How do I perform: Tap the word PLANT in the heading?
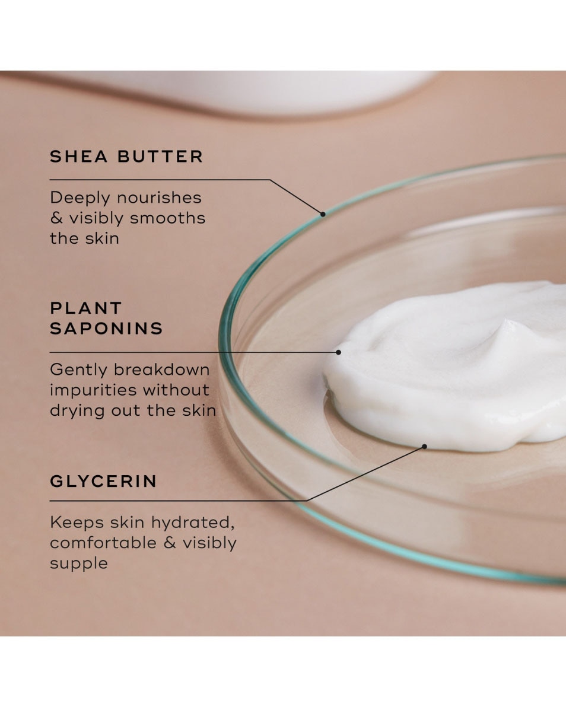85,308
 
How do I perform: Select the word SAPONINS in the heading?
106,329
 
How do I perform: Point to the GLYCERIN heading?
103,481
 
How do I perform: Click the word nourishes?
159,198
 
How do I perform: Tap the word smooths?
168,218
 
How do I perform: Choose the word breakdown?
161,370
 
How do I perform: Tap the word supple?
79,563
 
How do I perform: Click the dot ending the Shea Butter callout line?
323,214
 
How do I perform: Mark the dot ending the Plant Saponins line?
338,352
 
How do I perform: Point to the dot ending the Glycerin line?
425,446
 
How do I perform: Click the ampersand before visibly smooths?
56,218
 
